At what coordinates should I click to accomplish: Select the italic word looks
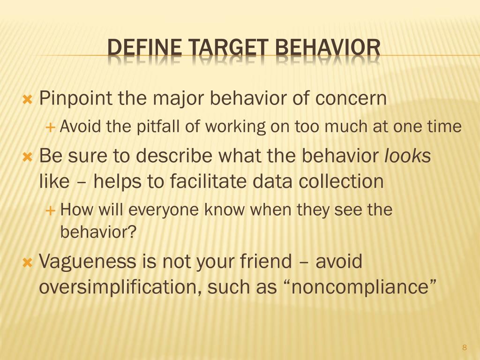[407, 156]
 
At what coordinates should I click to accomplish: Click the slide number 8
[465, 347]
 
